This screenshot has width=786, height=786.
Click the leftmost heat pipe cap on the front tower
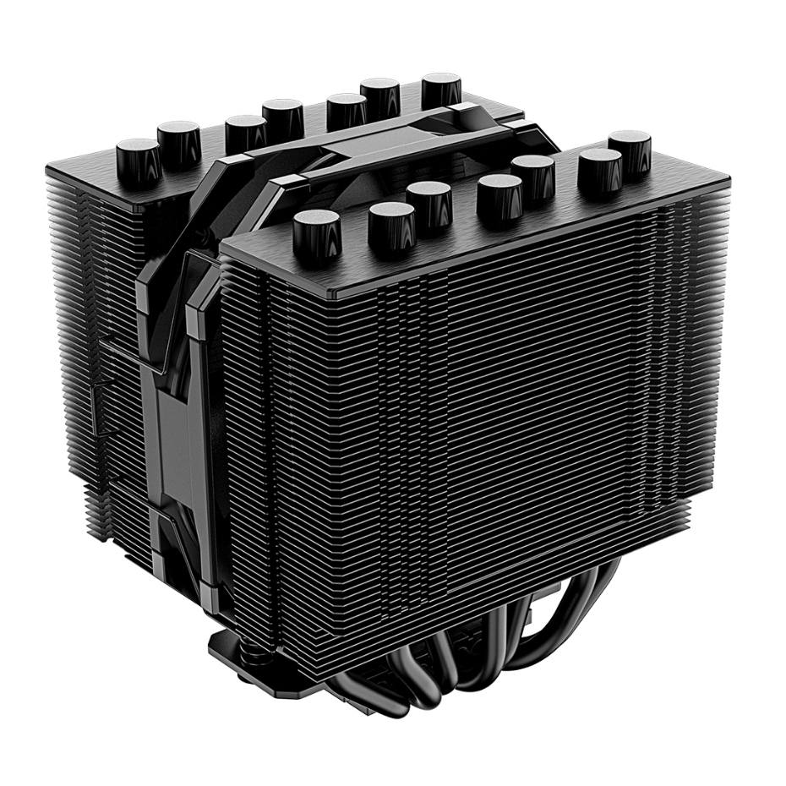316,232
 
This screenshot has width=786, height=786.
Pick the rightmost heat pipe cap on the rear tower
442,89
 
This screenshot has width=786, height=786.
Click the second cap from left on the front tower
391,224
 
